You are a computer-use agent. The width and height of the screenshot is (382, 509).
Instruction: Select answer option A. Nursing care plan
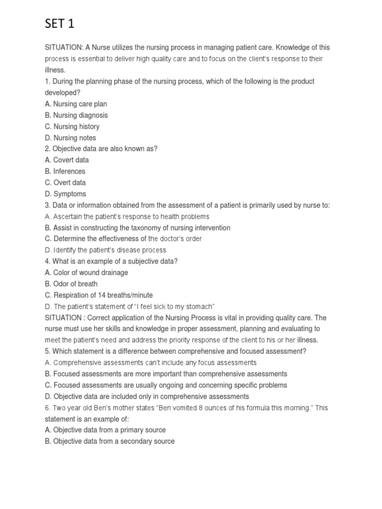tap(76, 104)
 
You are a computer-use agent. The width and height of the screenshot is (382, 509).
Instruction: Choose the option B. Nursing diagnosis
tap(76, 115)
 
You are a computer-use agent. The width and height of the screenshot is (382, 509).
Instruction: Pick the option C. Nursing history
tap(72, 126)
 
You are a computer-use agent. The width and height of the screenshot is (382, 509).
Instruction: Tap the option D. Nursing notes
tap(71, 138)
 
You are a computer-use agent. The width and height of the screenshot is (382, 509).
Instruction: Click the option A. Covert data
tap(67, 160)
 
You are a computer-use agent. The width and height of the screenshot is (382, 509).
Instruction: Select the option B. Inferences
tap(65, 171)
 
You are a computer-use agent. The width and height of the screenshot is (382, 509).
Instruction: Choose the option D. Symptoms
tap(65, 194)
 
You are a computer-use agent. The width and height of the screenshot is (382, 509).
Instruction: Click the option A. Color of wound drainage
tap(86, 272)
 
